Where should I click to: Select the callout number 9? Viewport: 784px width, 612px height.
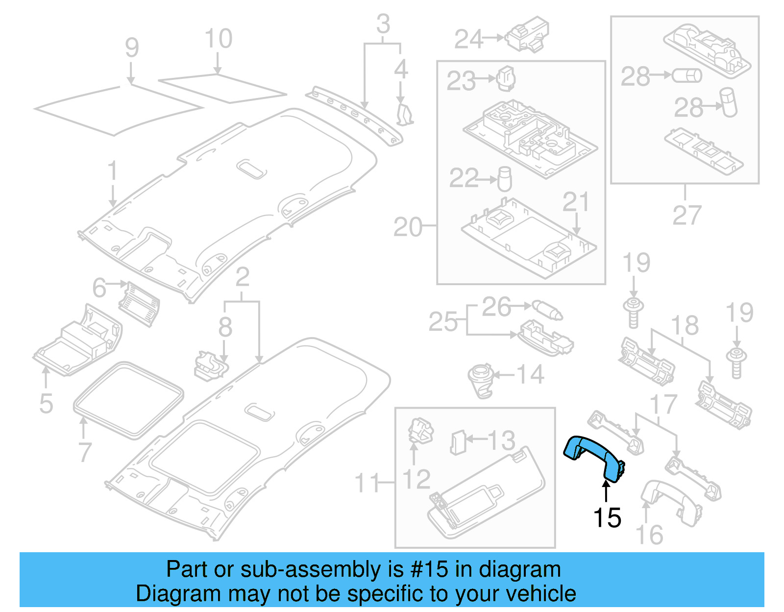[131, 48]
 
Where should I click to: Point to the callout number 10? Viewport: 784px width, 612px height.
[218, 39]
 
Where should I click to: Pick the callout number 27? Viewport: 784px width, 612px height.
[686, 215]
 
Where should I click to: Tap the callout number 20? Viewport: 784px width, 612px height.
[407, 227]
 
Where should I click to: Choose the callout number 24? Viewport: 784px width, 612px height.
[468, 39]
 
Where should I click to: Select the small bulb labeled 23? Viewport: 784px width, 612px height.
[506, 79]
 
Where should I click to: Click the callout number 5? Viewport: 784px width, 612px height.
[46, 403]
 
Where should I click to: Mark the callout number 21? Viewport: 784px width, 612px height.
[575, 202]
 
